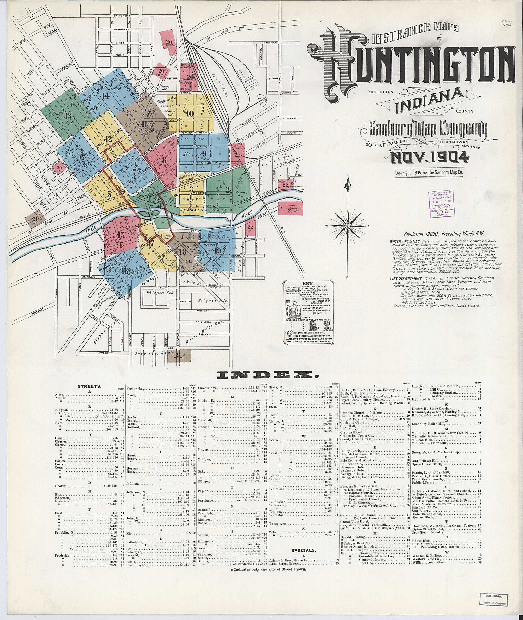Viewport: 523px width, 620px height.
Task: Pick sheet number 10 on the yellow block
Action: [190, 113]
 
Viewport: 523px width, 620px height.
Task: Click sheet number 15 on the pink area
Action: [121, 235]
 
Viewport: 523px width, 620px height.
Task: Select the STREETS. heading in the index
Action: [90, 386]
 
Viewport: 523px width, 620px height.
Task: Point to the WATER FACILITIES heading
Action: [405, 242]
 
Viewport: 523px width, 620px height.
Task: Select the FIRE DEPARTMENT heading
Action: [406, 278]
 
